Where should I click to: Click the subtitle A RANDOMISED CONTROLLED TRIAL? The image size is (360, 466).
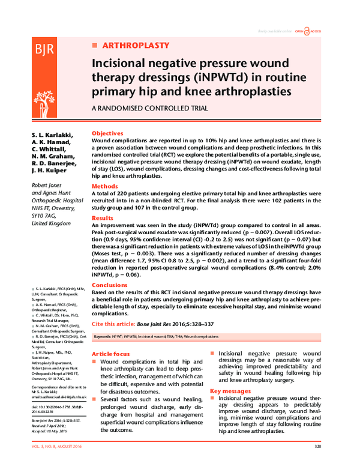149,108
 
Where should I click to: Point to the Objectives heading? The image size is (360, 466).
107,133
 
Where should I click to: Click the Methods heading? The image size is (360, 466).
105,186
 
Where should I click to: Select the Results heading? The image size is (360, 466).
103,218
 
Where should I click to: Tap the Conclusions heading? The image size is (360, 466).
110,286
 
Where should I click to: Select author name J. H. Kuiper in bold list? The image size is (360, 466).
49,171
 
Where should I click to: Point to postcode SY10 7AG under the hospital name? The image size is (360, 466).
43,215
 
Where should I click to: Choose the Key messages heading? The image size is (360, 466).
230,392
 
